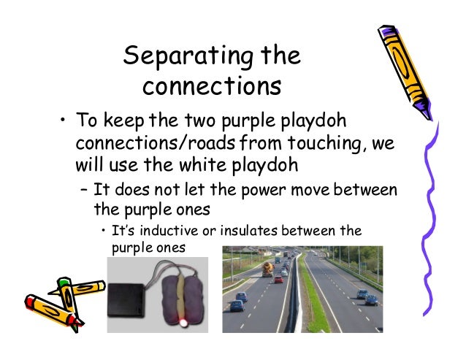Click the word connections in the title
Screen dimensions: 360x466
point(212,85)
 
